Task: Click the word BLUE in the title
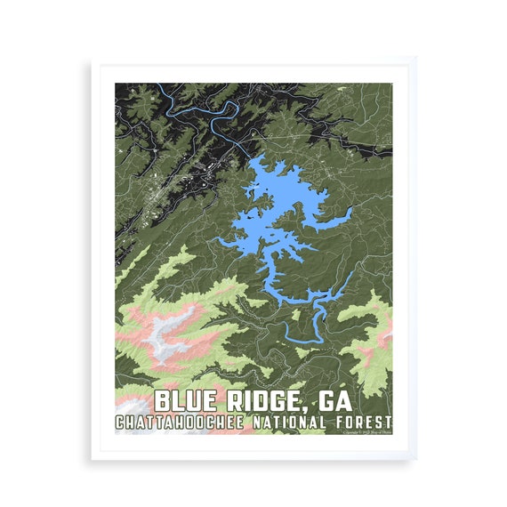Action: pos(185,399)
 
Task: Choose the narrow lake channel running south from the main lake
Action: pos(271,276)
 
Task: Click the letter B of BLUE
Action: pos(161,399)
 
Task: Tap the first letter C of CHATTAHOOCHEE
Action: pos(120,421)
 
